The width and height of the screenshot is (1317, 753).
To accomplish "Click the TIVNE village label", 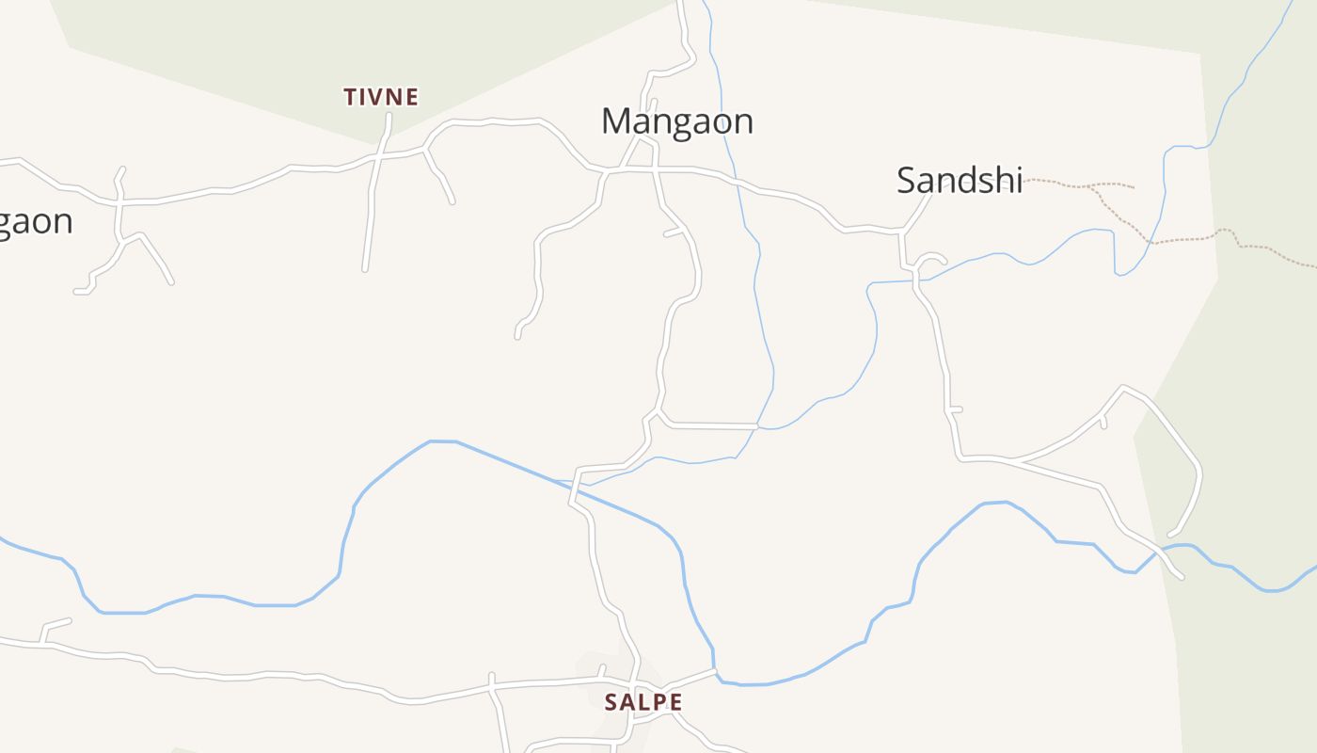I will pyautogui.click(x=381, y=97).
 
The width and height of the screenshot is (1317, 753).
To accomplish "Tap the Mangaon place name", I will pyautogui.click(x=677, y=121).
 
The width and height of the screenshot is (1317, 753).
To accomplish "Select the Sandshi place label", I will pyautogui.click(x=959, y=180).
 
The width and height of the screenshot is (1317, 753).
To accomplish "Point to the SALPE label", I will pyautogui.click(x=643, y=702).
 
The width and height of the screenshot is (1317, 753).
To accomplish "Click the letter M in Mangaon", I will pyautogui.click(x=615, y=121).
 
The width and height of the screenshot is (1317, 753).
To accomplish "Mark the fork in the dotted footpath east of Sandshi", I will pyautogui.click(x=1092, y=187).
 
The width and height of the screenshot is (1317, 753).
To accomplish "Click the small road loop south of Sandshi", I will pyautogui.click(x=929, y=261).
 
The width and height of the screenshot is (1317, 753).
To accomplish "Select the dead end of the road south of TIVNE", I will pyautogui.click(x=365, y=270).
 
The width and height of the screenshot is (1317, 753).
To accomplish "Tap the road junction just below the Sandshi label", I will pyautogui.click(x=902, y=231).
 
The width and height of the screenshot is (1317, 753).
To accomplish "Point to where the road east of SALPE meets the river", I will pyautogui.click(x=715, y=671).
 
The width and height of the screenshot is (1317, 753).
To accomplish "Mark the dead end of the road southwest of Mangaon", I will pyautogui.click(x=517, y=335).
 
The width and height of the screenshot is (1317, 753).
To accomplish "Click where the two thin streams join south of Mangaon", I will pyautogui.click(x=758, y=428).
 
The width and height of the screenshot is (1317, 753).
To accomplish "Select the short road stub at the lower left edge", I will pyautogui.click(x=56, y=623).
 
